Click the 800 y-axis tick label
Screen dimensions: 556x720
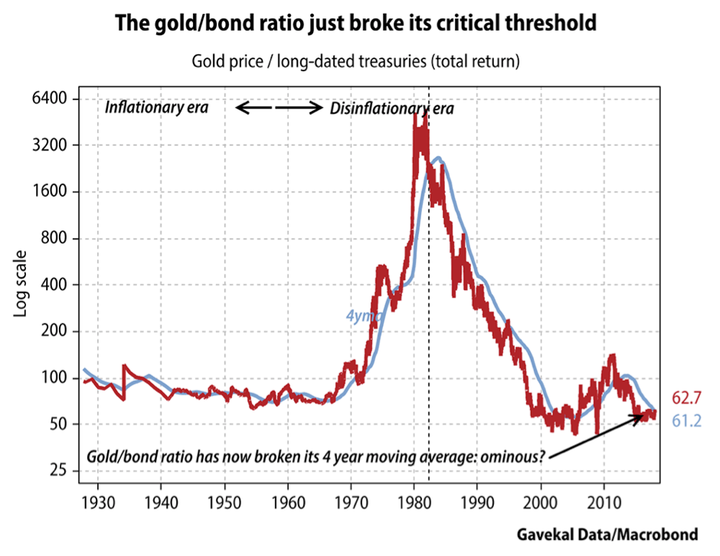point(56,238)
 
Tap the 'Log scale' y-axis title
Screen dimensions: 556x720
point(21,285)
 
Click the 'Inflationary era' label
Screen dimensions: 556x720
point(156,107)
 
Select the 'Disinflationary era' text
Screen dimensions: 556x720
point(391,109)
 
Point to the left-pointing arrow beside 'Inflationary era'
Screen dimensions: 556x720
point(254,108)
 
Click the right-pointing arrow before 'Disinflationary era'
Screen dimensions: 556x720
point(299,108)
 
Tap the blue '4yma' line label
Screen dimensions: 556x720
point(359,315)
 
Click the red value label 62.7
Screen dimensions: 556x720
point(686,397)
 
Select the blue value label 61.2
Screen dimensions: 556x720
point(686,420)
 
